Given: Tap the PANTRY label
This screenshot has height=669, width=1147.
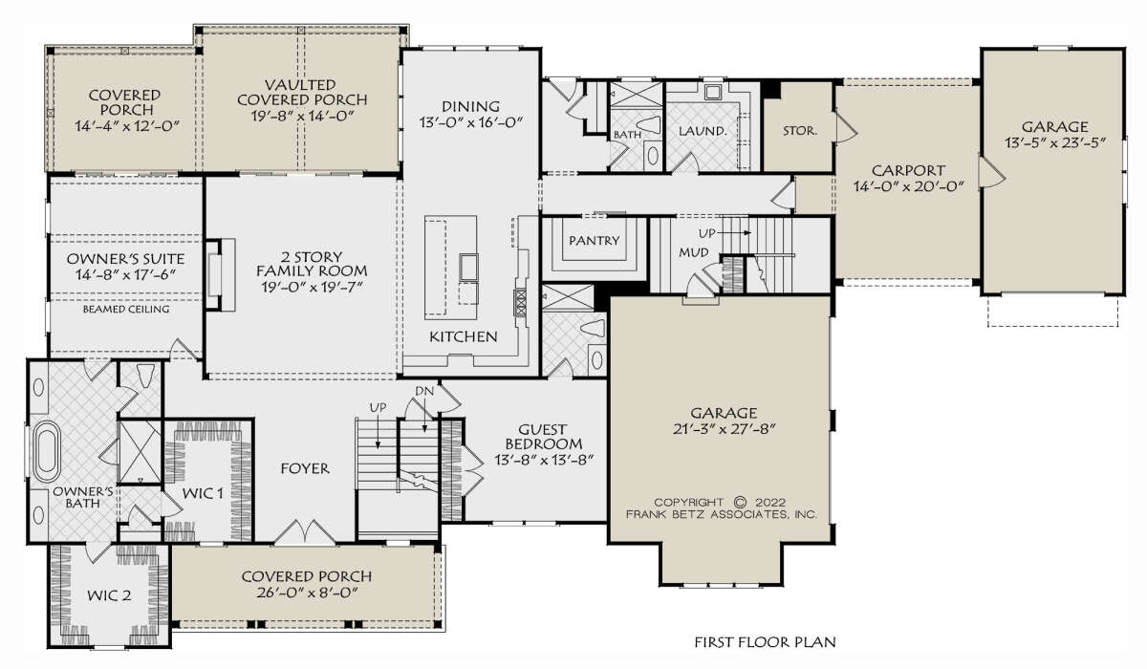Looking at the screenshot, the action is coord(594,240).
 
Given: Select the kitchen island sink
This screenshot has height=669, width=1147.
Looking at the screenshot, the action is coord(468,267).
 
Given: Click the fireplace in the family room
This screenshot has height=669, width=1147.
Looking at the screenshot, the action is coord(220,274).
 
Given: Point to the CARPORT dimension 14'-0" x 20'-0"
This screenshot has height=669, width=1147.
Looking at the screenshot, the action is coord(908,186).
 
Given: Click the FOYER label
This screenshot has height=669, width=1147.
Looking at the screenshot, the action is coord(305,468).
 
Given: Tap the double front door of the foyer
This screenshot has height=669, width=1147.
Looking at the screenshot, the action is coord(305,532).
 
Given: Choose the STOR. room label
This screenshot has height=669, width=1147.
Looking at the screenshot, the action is coord(800,131).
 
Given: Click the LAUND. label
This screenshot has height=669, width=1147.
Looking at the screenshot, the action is coord(703,131).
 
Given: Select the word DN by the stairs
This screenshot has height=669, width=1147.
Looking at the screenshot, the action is coord(424,391).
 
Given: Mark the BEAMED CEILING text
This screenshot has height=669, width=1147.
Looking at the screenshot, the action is coord(126,309).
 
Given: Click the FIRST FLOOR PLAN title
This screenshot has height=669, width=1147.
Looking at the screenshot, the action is coord(765,642).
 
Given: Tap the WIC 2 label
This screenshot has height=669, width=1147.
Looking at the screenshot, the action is coord(109,595).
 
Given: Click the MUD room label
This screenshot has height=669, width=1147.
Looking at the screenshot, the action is coord(694,252).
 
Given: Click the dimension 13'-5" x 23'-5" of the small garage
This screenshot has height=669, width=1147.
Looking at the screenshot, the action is coord(1054,142).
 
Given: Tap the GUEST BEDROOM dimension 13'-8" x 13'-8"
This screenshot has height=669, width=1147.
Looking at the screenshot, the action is coord(543,460).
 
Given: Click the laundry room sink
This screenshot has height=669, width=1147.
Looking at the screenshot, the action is coord(713,92).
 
